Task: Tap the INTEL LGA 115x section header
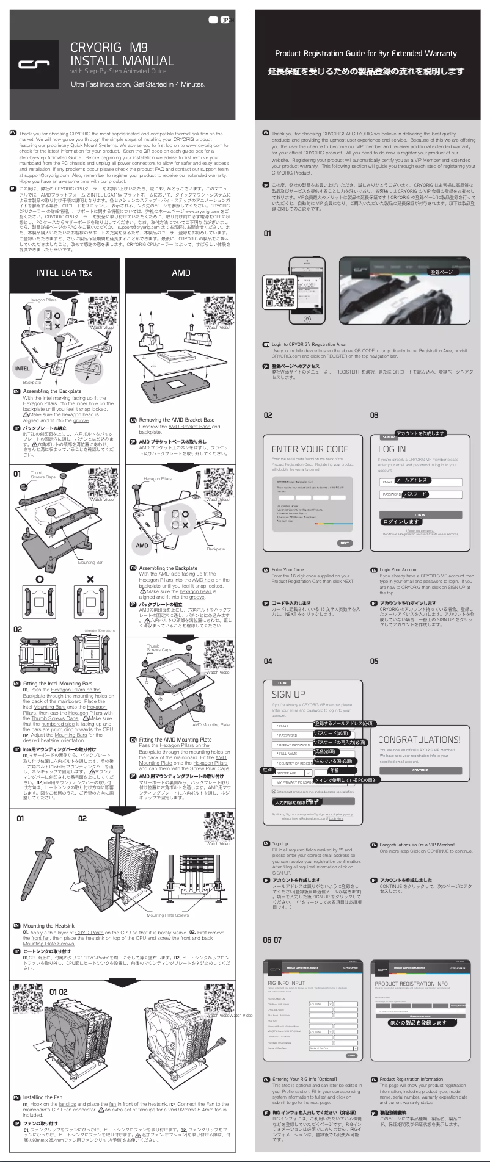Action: (64, 273)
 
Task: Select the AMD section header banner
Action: (181, 273)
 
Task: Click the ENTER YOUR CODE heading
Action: (310, 449)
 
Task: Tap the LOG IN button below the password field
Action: (420, 515)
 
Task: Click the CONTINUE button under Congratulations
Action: (420, 770)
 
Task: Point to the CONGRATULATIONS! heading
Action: (419, 739)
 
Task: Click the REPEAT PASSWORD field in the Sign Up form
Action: (293, 745)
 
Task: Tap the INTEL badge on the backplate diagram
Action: (22, 369)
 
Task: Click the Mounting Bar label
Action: (90, 563)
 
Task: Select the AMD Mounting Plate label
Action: (211, 724)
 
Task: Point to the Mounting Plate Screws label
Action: (168, 915)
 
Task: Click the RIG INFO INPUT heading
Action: (287, 983)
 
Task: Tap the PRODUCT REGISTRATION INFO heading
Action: (411, 984)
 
